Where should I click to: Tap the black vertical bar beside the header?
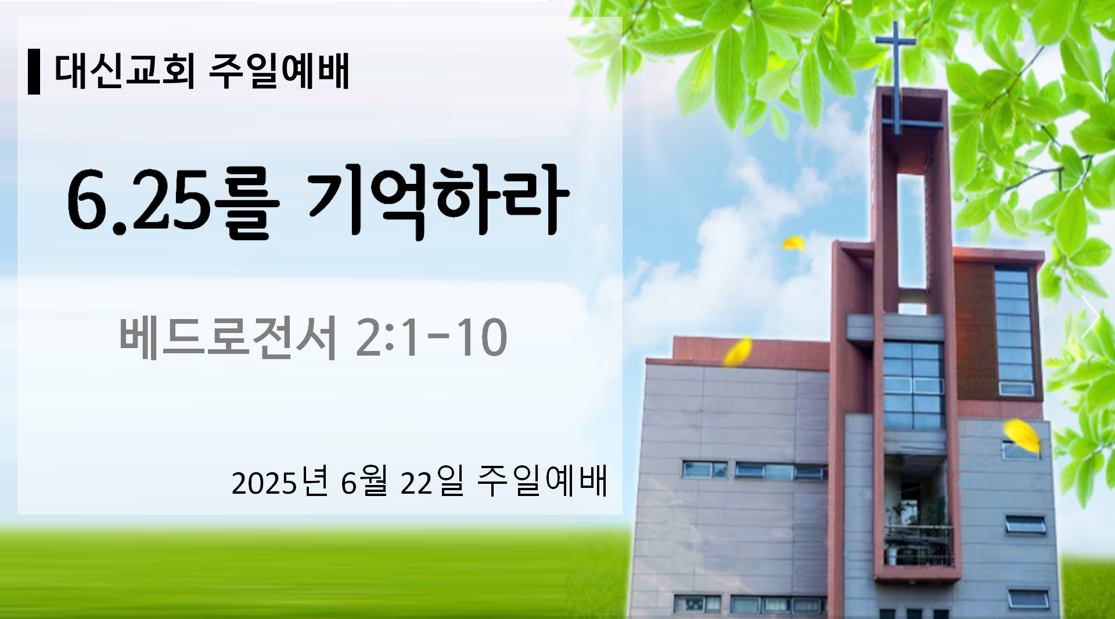click(34, 72)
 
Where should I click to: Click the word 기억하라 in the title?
click(438, 200)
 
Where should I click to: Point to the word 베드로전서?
click(228, 338)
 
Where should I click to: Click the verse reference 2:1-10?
click(431, 338)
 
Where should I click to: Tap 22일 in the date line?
click(432, 482)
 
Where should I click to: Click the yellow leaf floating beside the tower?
click(793, 244)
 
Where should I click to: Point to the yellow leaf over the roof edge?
click(738, 352)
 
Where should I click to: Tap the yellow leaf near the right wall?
click(1022, 436)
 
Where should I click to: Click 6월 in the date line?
click(364, 482)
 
